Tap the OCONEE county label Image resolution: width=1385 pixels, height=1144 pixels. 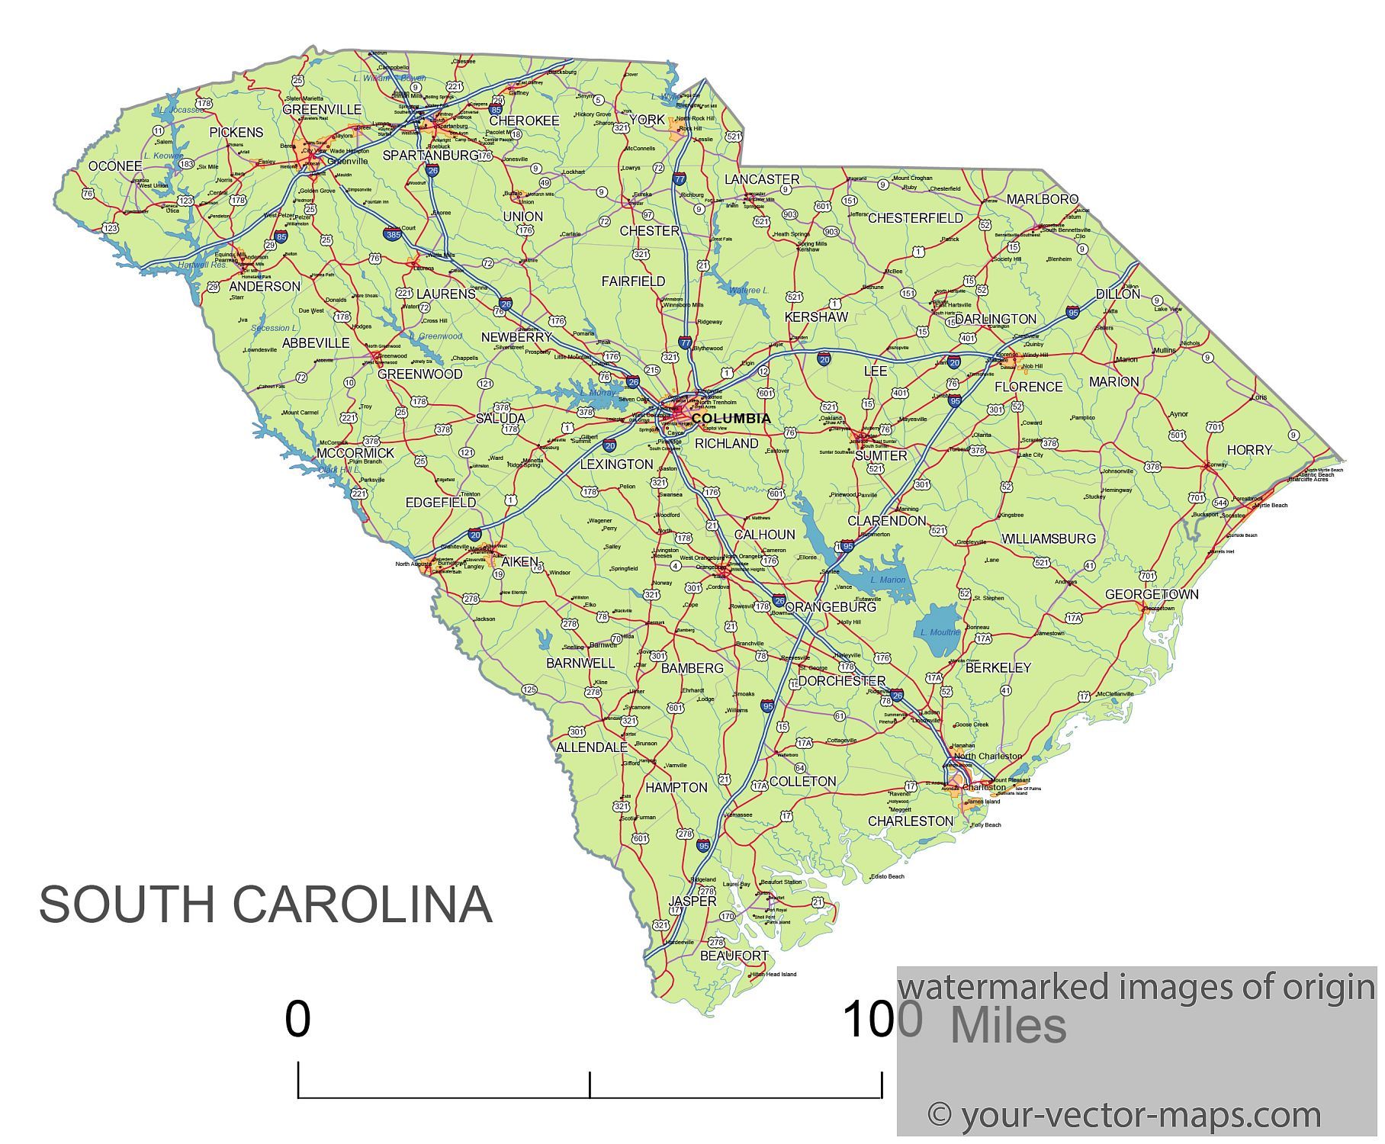(115, 166)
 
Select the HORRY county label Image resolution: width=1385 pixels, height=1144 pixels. (1249, 450)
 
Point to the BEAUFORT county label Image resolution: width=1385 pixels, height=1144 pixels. (734, 956)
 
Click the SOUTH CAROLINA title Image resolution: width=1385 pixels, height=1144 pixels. (265, 905)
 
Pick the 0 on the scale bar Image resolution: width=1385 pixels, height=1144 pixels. (297, 1020)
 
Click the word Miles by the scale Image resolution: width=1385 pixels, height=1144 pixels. (1007, 1026)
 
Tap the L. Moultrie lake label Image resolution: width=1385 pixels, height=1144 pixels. (940, 632)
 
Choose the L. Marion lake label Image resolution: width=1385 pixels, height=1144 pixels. (888, 580)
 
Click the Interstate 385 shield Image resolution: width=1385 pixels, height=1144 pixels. (392, 235)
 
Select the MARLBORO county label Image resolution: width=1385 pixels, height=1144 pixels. (1042, 200)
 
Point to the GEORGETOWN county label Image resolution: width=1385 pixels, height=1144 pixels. (1151, 594)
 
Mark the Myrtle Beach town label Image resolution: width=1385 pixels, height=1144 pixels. (1271, 506)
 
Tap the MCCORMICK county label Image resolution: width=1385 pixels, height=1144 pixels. (355, 453)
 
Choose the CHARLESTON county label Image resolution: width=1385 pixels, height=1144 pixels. (910, 821)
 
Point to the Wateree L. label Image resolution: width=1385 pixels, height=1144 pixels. (748, 291)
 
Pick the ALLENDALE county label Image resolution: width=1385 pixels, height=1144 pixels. (592, 747)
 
